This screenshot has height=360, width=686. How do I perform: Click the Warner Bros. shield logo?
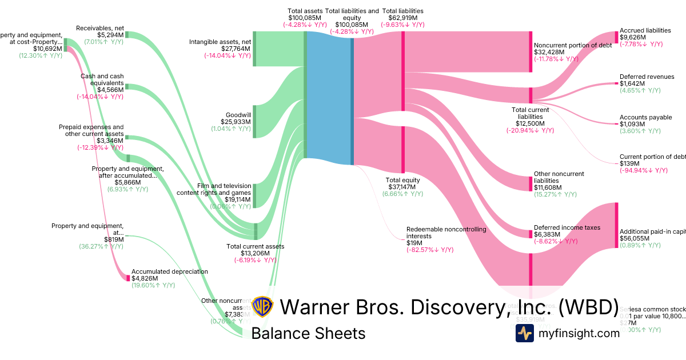[262, 307]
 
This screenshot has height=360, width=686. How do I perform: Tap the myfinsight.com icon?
[524, 333]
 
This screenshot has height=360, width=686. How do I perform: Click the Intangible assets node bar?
[254, 49]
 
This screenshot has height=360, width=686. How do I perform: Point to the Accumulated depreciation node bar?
[128, 278]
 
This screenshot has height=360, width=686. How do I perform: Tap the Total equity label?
[403, 180]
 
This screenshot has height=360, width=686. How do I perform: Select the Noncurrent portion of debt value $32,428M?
[549, 53]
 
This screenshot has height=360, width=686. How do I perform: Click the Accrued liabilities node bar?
[616, 37]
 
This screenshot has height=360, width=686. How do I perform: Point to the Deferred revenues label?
[647, 77]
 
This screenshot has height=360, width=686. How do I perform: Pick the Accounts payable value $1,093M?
[632, 124]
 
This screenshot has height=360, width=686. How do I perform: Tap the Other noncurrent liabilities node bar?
[531, 183]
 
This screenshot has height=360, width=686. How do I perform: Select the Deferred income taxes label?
[567, 227]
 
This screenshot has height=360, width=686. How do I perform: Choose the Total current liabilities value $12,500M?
[529, 123]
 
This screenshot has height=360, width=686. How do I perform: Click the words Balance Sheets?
[308, 333]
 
